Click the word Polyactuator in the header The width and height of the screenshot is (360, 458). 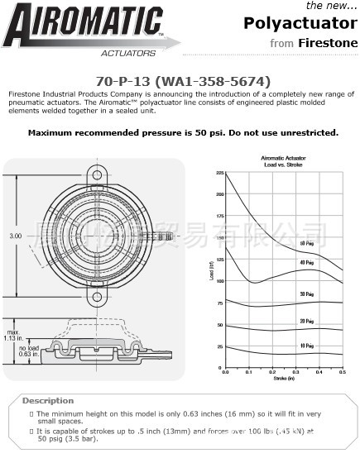[295, 23]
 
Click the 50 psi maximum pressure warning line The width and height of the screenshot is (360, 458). [183, 132]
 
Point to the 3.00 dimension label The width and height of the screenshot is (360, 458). [16, 236]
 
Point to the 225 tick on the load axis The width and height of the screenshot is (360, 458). [220, 173]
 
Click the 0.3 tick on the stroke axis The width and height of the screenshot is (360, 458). [295, 373]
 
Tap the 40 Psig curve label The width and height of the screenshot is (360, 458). [307, 263]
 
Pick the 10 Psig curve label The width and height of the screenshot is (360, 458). [307, 346]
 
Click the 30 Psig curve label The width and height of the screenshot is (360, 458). [307, 293]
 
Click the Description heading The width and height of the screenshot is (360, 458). [47, 400]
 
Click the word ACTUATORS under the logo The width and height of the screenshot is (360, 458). [128, 52]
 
